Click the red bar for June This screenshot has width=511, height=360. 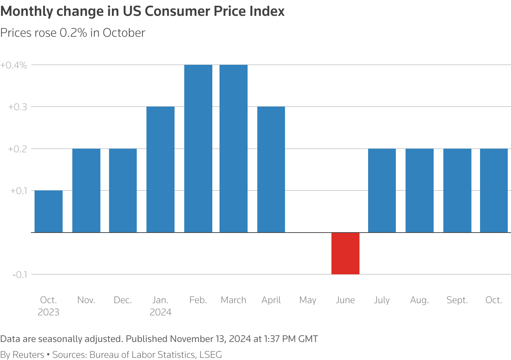(x=345, y=253)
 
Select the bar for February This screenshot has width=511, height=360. (x=198, y=148)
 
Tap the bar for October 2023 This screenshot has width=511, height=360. (x=49, y=211)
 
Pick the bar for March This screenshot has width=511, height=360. (x=233, y=148)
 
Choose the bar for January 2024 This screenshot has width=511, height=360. (x=160, y=169)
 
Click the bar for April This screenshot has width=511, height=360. (x=271, y=169)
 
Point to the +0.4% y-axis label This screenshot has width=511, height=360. (x=14, y=65)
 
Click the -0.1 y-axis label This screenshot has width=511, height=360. (x=20, y=275)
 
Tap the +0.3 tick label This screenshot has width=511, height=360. (x=18, y=107)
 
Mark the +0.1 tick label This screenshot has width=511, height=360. (x=18, y=191)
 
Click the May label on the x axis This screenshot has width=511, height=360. (x=308, y=300)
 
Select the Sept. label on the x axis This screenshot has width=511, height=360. (x=457, y=300)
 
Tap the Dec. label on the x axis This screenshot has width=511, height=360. (x=123, y=300)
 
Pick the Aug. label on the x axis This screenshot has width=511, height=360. (x=419, y=300)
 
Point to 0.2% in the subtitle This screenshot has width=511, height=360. (x=73, y=33)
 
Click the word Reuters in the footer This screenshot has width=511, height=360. (x=28, y=355)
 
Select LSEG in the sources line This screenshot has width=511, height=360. (x=211, y=355)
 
